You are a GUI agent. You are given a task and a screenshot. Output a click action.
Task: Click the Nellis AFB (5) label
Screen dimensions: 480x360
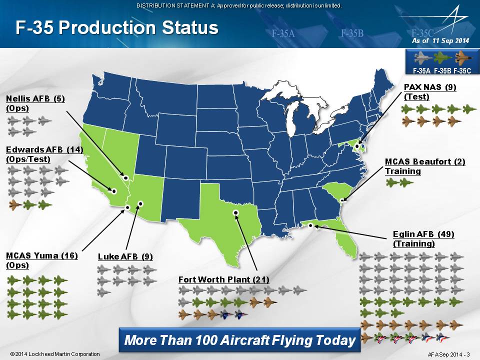(x=35, y=99)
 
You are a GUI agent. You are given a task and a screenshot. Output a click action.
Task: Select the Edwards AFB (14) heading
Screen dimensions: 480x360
(x=44, y=149)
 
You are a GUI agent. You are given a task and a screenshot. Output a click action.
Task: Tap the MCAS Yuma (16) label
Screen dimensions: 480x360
(x=42, y=255)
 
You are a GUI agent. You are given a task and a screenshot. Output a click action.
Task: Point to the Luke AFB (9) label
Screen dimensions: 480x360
(x=125, y=256)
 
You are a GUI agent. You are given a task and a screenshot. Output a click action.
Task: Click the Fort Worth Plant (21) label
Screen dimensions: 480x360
(x=224, y=279)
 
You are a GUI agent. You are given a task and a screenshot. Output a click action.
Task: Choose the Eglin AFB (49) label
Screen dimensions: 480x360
(x=423, y=234)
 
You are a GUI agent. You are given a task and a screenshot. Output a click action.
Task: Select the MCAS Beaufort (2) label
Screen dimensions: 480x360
(x=425, y=161)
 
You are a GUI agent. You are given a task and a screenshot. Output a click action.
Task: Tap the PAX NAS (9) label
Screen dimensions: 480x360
(x=430, y=87)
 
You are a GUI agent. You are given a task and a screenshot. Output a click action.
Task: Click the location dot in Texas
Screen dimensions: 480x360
(x=235, y=212)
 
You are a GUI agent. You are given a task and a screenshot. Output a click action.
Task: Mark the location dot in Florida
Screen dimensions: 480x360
(x=310, y=225)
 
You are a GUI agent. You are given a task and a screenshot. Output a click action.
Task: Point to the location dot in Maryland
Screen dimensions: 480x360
(x=357, y=146)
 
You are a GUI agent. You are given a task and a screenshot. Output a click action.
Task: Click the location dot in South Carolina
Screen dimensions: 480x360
(x=342, y=200)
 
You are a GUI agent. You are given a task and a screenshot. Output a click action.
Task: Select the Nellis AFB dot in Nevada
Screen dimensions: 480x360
(x=125, y=177)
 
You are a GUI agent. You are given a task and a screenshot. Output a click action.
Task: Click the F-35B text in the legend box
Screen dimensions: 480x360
(x=442, y=70)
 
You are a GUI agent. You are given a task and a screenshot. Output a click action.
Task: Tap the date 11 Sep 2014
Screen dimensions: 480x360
(x=450, y=40)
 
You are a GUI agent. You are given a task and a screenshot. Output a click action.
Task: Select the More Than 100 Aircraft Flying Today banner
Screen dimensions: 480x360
(x=239, y=340)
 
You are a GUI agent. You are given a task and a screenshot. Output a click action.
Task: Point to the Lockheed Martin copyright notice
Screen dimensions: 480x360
(x=55, y=354)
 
